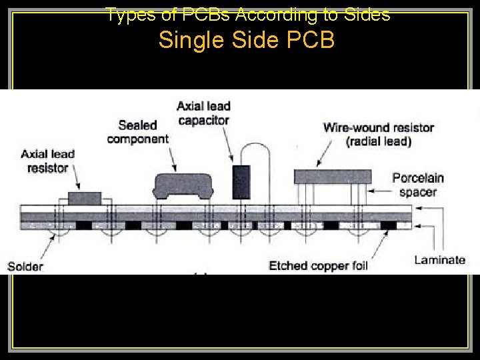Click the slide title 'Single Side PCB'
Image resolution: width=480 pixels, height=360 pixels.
point(247,40)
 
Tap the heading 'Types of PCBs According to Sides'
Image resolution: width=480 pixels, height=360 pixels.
point(247,15)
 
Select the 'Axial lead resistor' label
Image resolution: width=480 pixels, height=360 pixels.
point(47,161)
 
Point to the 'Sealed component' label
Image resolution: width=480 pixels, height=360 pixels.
point(137,132)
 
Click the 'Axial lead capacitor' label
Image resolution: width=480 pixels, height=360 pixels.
point(203,113)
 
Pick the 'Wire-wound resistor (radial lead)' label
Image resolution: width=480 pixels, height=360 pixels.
point(378,134)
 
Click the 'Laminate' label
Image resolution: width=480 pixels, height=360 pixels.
point(439,260)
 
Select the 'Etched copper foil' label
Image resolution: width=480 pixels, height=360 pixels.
point(318,266)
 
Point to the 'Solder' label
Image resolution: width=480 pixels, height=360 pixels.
point(25,267)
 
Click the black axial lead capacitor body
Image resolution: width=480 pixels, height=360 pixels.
point(240,182)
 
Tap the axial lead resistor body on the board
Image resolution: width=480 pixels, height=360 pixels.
point(85,198)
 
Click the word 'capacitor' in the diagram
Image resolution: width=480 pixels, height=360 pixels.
point(203,121)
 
